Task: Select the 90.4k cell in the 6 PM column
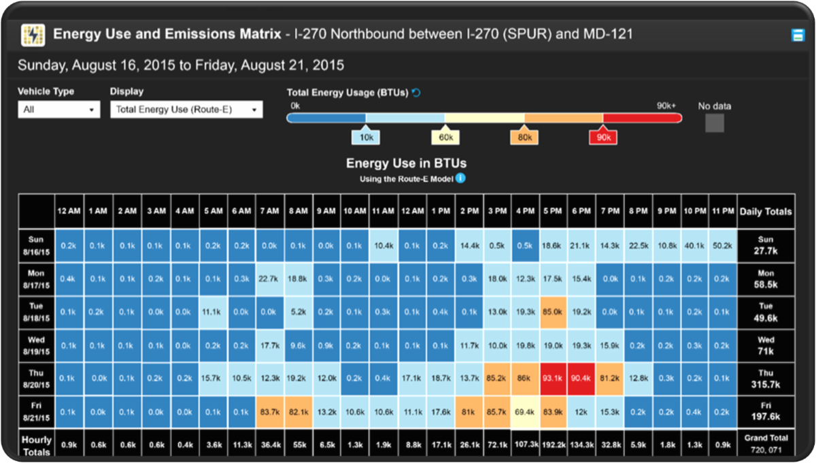pyautogui.click(x=581, y=378)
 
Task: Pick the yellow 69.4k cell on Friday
pyautogui.click(x=524, y=411)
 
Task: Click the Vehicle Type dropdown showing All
pyautogui.click(x=58, y=110)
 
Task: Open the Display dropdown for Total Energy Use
pyautogui.click(x=186, y=110)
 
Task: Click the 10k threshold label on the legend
pyautogui.click(x=366, y=137)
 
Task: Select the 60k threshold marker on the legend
pyautogui.click(x=445, y=137)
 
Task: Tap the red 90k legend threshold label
pyautogui.click(x=603, y=137)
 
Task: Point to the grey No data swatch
pyautogui.click(x=715, y=123)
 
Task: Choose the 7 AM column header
pyautogui.click(x=270, y=211)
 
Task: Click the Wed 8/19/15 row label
pyautogui.click(x=36, y=345)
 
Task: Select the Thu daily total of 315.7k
pyautogui.click(x=766, y=378)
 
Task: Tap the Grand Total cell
pyautogui.click(x=766, y=444)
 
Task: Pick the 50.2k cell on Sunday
pyautogui.click(x=722, y=246)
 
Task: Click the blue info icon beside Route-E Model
pyautogui.click(x=460, y=178)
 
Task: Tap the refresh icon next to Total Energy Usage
pyautogui.click(x=416, y=93)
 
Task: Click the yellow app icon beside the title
pyautogui.click(x=33, y=34)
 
